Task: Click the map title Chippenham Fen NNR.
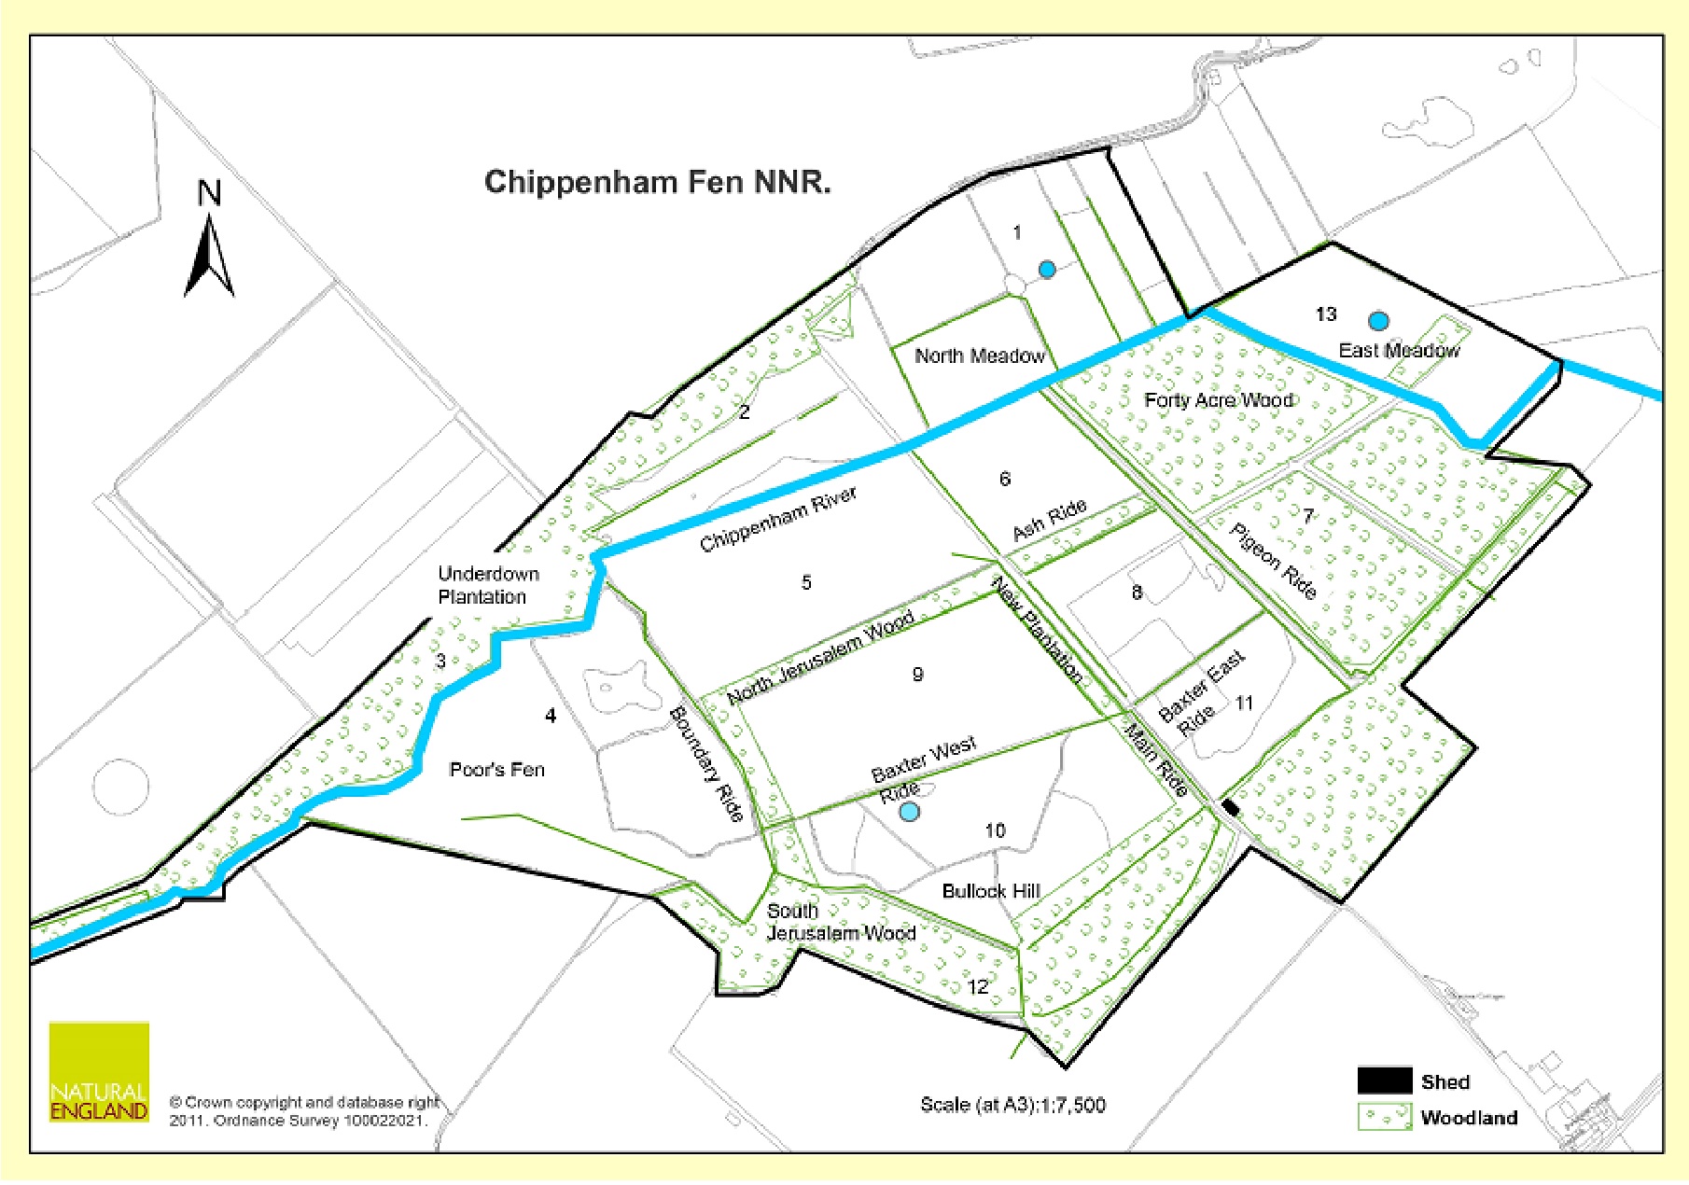click(x=657, y=181)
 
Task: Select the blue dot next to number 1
click(x=1047, y=270)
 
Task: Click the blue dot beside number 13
click(x=1378, y=321)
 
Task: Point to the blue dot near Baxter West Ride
click(x=909, y=812)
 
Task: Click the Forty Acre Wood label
click(x=1219, y=400)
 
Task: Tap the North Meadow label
click(x=979, y=355)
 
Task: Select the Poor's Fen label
click(x=496, y=770)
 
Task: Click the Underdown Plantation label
click(x=487, y=585)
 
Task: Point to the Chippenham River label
click(x=777, y=519)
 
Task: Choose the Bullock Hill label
click(x=990, y=891)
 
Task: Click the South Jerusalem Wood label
click(x=840, y=922)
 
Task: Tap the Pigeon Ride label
click(x=1273, y=561)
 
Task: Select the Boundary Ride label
click(x=706, y=764)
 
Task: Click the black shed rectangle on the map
click(x=1231, y=808)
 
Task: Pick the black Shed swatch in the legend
click(x=1384, y=1081)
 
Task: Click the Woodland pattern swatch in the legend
click(x=1384, y=1117)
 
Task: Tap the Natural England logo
click(x=99, y=1072)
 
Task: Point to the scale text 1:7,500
click(x=1012, y=1105)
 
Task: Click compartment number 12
click(x=977, y=987)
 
